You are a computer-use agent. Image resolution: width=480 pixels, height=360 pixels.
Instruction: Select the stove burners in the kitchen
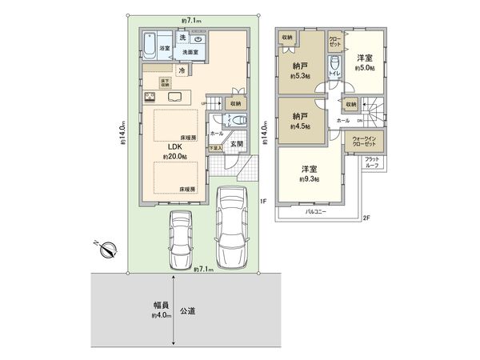(150, 97)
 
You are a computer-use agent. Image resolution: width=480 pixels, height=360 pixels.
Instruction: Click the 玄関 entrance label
(238, 143)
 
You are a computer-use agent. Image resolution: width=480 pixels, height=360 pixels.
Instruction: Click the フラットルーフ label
(373, 162)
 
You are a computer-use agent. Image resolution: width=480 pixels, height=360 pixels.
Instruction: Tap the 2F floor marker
(366, 218)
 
